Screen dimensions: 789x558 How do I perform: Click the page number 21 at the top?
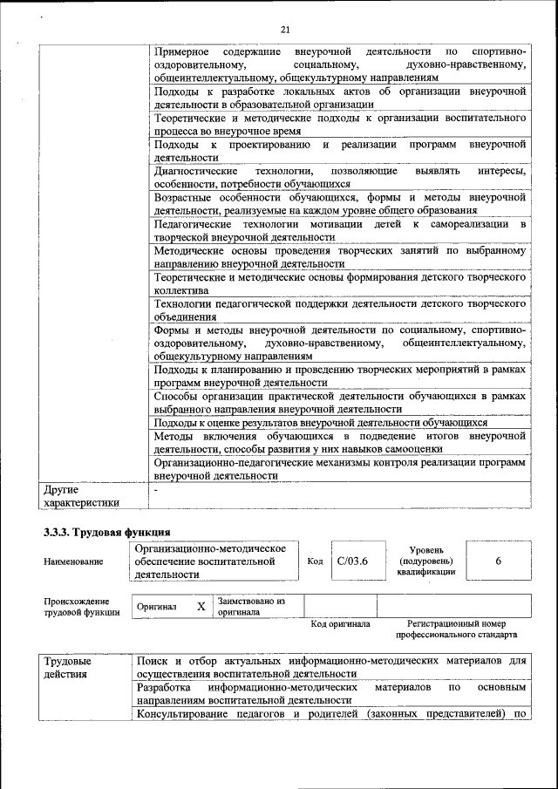285,30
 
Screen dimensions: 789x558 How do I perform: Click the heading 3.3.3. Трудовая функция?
106,532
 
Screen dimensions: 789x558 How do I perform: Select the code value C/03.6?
351,561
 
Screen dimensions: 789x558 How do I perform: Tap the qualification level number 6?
498,561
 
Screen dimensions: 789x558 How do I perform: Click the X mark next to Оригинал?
201,606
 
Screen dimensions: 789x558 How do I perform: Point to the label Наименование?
73,562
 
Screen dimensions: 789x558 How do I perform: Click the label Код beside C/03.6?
316,561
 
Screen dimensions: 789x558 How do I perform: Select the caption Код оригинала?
340,624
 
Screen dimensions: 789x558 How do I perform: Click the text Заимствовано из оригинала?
251,606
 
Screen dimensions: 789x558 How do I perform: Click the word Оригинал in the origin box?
157,607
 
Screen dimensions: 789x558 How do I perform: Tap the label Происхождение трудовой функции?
77,606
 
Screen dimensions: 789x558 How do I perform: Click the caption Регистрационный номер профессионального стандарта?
456,629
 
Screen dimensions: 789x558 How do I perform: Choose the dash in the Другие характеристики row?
155,490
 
